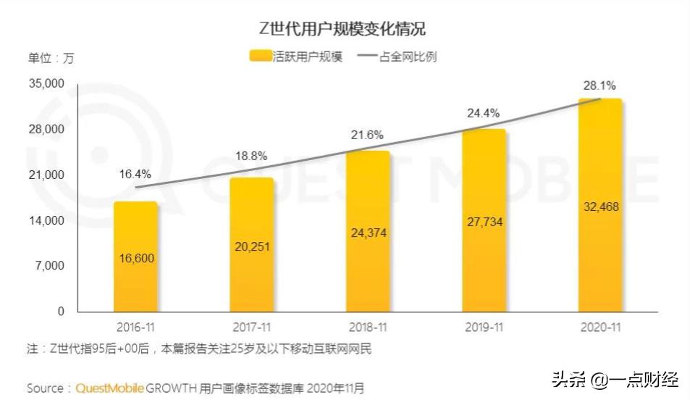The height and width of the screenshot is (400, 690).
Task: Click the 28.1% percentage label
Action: point(599,86)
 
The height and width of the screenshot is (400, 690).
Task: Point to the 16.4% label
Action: point(135,174)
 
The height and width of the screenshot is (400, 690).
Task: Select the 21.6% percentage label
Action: point(367,135)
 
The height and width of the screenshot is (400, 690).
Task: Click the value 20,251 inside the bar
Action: point(251,246)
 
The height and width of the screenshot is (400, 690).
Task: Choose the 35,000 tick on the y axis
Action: point(46,84)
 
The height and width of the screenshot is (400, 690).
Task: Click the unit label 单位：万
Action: point(51,57)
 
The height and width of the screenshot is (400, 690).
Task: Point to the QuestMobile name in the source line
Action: point(109,388)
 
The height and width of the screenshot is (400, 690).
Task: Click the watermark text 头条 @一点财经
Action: point(615,379)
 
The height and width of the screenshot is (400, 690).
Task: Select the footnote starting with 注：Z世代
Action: point(199,349)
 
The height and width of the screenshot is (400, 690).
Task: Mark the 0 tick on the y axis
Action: point(61,312)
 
